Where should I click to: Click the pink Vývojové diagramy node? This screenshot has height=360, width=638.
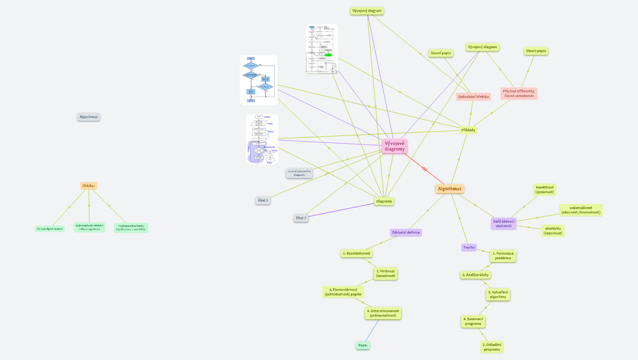pos(395,146)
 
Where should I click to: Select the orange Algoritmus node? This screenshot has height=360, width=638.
pos(449,189)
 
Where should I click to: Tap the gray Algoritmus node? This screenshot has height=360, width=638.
pos(89,117)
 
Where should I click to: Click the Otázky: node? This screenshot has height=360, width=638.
pos(89,186)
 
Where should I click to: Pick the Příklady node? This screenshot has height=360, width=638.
pos(469,130)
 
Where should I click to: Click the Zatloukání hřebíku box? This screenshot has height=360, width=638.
pos(473,97)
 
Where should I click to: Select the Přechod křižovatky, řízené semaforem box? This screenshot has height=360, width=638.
pos(519,93)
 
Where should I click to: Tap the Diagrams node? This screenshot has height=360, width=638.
pos(384,201)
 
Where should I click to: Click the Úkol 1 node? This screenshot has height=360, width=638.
pos(263,200)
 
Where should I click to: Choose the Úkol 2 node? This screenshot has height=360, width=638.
pos(301,218)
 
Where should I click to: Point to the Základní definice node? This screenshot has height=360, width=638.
pos(406,232)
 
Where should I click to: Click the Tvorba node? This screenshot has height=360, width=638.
pos(469,247)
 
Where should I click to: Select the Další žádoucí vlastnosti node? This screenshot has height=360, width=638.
pos(504,223)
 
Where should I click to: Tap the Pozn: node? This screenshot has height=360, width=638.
pos(363,345)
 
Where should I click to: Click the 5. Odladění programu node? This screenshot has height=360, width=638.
pos(492,347)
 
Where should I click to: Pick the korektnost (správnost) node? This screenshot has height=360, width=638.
pos(545,189)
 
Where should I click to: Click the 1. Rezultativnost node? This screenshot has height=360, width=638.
pos(357,253)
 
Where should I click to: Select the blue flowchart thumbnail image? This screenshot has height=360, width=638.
pos(258,80)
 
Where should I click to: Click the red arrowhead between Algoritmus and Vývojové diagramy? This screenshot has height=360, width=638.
pos(424,169)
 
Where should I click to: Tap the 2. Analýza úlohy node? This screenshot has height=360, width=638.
pos(475,275)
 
